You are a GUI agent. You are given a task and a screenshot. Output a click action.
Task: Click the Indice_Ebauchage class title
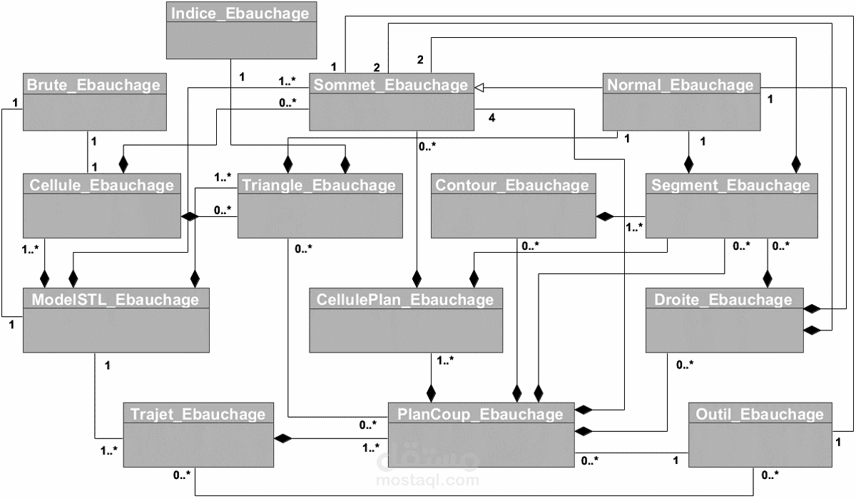point(241,14)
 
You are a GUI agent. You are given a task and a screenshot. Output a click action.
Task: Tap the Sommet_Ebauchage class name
point(392,84)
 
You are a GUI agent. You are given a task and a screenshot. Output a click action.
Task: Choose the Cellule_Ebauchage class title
point(101,185)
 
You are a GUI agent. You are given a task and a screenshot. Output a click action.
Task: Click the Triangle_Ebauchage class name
point(319,185)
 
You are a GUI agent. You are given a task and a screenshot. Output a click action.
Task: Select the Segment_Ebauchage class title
point(731,185)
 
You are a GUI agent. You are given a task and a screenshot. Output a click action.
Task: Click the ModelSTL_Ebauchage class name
point(116,299)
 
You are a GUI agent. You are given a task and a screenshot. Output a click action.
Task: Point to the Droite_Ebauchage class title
point(723,299)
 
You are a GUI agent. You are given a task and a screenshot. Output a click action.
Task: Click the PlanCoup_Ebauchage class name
point(479,413)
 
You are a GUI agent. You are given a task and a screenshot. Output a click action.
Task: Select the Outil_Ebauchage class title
point(760,413)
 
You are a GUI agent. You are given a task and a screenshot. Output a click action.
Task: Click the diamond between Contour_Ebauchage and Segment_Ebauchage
point(605,216)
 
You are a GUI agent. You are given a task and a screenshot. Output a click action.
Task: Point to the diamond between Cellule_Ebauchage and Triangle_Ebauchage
point(189,216)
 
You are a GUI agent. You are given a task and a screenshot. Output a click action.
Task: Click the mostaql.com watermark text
point(428,480)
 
